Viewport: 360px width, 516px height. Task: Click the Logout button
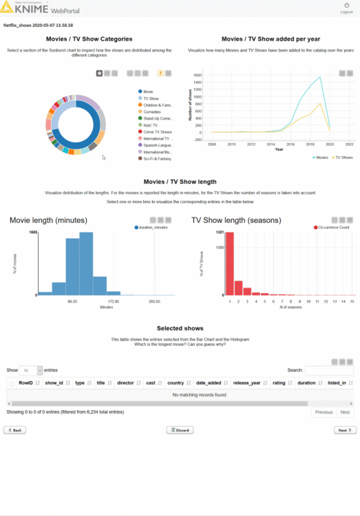point(346,8)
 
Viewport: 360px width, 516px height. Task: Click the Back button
point(14,430)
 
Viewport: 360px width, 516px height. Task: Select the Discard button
point(180,430)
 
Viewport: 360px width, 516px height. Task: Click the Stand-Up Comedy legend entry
point(158,118)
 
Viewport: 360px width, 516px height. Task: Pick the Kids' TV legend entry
point(152,125)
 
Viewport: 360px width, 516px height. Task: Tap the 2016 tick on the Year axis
point(290,144)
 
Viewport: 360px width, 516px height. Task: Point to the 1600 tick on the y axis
point(197,74)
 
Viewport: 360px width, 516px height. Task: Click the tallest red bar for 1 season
point(230,265)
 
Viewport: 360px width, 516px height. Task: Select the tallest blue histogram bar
point(86,265)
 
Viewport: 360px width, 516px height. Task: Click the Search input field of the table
point(329,370)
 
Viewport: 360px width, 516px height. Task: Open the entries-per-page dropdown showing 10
point(30,370)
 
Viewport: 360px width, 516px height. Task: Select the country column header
point(176,383)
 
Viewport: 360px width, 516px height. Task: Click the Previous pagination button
point(324,412)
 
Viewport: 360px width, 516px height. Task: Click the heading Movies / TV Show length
point(180,182)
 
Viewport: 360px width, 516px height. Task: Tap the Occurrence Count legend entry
point(335,227)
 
